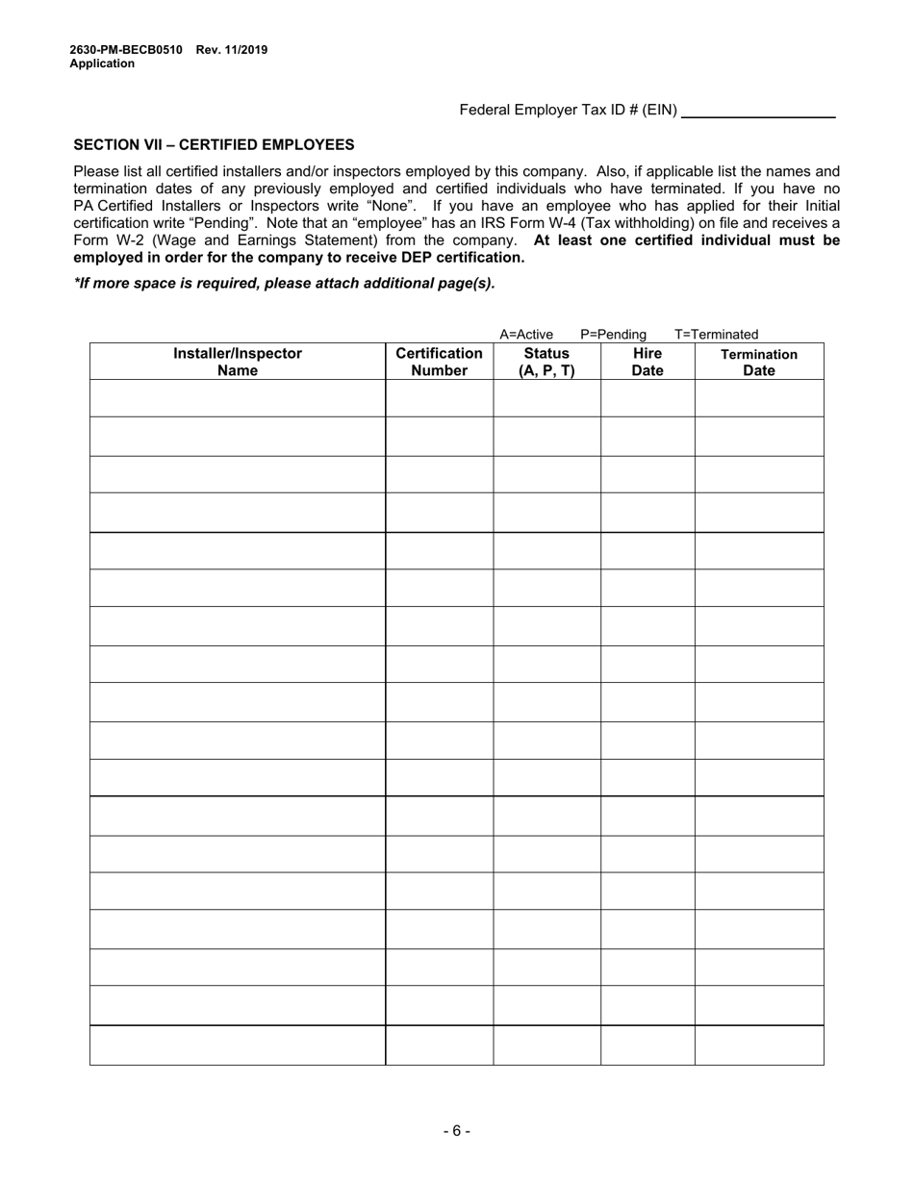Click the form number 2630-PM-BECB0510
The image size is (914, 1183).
(x=125, y=50)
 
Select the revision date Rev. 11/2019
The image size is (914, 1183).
(x=232, y=50)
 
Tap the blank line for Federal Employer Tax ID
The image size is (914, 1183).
(x=758, y=111)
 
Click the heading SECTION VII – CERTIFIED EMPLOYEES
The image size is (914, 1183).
(x=214, y=145)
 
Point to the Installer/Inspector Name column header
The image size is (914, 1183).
(x=238, y=362)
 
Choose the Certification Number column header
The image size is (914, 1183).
(x=439, y=362)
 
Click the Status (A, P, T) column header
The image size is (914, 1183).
(x=546, y=362)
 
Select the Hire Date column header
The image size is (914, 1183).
(x=647, y=362)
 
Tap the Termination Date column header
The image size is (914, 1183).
(x=759, y=362)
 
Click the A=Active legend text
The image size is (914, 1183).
(x=526, y=335)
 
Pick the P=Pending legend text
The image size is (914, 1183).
(x=613, y=335)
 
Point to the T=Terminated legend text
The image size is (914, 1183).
(x=716, y=335)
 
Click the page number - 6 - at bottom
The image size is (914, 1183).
(x=457, y=1131)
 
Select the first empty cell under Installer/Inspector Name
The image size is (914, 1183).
(x=238, y=398)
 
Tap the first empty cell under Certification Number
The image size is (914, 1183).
(x=439, y=398)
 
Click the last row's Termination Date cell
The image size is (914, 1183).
(x=759, y=1045)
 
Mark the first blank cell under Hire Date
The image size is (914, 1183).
(x=647, y=398)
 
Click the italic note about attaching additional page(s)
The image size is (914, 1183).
(x=285, y=284)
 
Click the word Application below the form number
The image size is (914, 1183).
(x=102, y=64)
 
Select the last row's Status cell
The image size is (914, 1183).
(x=546, y=1045)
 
